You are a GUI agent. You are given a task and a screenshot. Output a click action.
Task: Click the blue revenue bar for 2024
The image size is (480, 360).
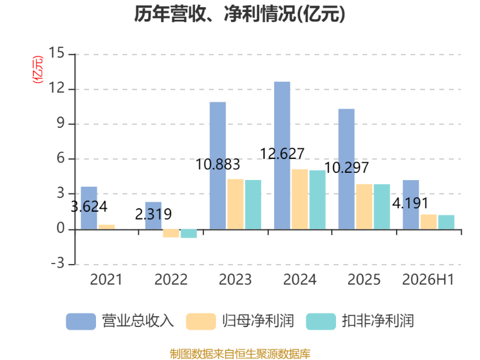pyautogui.click(x=282, y=155)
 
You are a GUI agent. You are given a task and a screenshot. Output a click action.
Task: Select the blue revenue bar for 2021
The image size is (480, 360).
pyautogui.click(x=89, y=208)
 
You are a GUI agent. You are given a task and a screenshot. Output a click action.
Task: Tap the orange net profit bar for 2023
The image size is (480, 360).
pyautogui.click(x=235, y=204)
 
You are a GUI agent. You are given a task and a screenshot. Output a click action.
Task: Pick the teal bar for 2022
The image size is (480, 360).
pyautogui.click(x=188, y=233)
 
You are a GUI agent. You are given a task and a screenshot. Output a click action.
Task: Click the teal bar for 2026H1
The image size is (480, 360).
pyautogui.click(x=446, y=222)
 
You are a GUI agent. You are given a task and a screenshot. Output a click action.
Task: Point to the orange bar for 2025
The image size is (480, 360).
pyautogui.click(x=364, y=206)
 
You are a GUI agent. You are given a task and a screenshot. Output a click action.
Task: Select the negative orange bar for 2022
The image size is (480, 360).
pyautogui.click(x=171, y=233)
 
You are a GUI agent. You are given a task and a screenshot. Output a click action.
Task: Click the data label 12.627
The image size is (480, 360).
pyautogui.click(x=282, y=154)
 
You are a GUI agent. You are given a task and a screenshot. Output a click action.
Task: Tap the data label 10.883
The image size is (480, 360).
pyautogui.click(x=218, y=164)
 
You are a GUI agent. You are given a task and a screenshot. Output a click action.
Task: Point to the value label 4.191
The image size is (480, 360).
pyautogui.click(x=410, y=203)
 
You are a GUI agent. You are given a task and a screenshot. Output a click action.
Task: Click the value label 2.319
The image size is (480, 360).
pyautogui.click(x=154, y=214)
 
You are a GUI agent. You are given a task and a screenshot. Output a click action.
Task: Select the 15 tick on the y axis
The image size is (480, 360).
pyautogui.click(x=56, y=53)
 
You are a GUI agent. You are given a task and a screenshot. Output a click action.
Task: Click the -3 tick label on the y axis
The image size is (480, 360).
pyautogui.click(x=58, y=263)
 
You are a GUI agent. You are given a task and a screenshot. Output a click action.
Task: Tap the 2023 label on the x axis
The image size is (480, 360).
pyautogui.click(x=235, y=280)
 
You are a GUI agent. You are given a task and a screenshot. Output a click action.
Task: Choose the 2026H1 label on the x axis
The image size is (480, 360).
pyautogui.click(x=428, y=280)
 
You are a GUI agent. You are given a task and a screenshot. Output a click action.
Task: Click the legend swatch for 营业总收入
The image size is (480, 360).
pyautogui.click(x=81, y=322)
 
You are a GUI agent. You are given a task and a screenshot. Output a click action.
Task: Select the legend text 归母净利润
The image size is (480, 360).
pyautogui.click(x=258, y=321)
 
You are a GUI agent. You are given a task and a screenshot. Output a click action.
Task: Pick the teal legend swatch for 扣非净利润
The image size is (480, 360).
pyautogui.click(x=321, y=322)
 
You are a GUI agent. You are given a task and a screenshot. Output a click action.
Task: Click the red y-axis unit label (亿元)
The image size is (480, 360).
pyautogui.click(x=38, y=70)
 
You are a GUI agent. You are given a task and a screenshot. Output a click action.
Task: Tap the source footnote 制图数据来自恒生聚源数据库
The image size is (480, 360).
pyautogui.click(x=240, y=354)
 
